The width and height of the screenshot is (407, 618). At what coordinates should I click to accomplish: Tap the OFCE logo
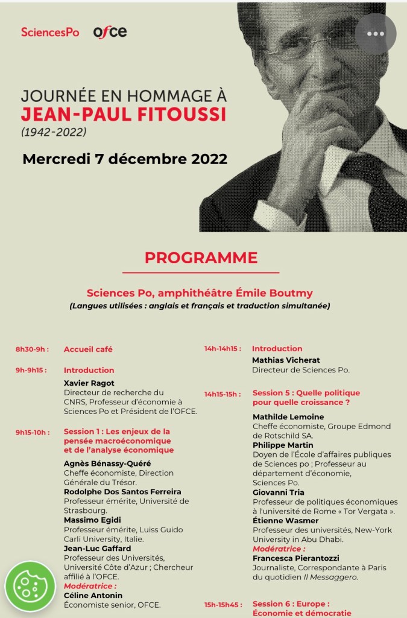(x=110, y=32)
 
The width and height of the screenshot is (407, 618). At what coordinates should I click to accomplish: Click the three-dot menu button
(x=375, y=34)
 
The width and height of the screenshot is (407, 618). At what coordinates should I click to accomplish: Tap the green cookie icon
(x=30, y=586)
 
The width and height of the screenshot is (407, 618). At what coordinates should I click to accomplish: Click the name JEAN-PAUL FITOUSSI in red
(x=124, y=115)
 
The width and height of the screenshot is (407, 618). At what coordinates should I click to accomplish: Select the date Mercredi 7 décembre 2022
(x=125, y=159)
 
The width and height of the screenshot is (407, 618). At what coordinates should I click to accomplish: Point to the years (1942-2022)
(x=54, y=131)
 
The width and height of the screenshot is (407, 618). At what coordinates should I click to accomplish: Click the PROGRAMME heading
(x=201, y=258)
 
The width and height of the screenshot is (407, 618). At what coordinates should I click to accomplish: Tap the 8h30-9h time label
(x=32, y=349)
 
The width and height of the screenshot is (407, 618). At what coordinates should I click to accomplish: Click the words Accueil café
(x=88, y=349)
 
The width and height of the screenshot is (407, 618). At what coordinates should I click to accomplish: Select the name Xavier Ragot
(x=89, y=383)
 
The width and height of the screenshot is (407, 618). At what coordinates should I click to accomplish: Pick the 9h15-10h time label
(x=33, y=432)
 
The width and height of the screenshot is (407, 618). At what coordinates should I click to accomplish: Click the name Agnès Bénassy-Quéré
(x=107, y=463)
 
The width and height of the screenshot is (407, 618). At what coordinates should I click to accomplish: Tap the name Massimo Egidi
(x=92, y=520)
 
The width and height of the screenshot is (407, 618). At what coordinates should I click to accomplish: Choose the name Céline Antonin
(x=93, y=595)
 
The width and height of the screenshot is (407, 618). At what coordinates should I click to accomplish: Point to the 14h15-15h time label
(x=222, y=393)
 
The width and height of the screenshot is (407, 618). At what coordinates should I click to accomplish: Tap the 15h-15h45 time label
(x=222, y=604)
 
